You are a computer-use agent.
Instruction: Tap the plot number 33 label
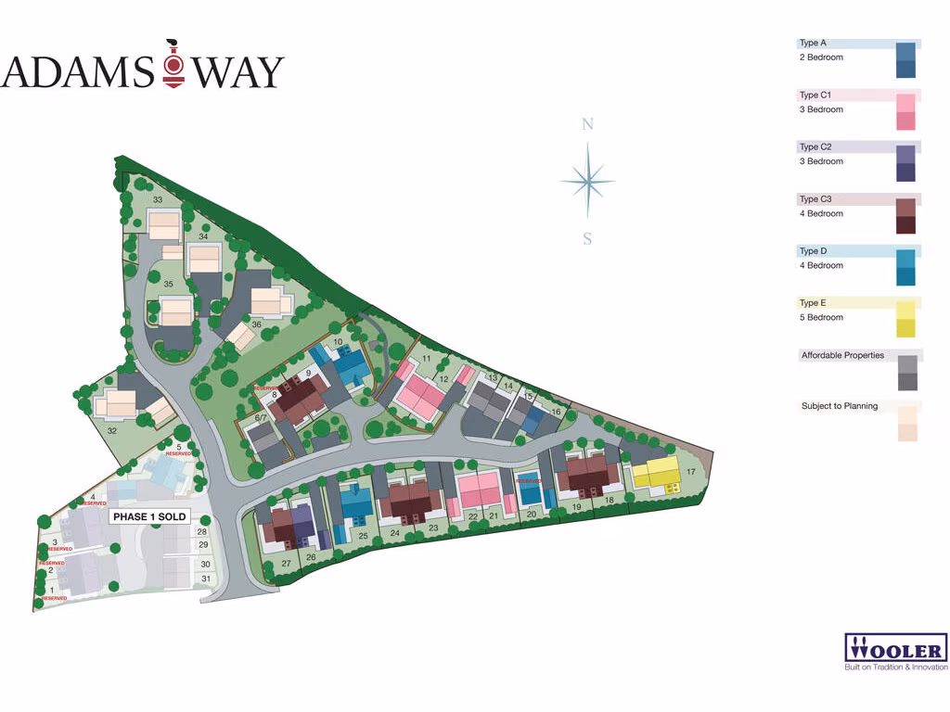pos(158,200)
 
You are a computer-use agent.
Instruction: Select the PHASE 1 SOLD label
pos(149,516)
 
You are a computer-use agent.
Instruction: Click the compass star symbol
pos(587,182)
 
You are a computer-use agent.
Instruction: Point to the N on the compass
pos(587,125)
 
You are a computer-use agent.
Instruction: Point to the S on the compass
pos(587,238)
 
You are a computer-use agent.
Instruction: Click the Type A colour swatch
pos(905,60)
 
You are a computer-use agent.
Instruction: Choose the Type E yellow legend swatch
pos(905,320)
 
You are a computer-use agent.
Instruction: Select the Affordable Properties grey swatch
pos(907,373)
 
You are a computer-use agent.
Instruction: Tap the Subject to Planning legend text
pos(839,406)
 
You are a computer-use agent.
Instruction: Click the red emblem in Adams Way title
pos(172,66)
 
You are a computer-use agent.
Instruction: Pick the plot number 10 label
pos(339,342)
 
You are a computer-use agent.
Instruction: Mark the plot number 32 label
pos(112,431)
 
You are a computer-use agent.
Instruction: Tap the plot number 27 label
pos(287,564)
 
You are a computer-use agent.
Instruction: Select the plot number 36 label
pos(256,324)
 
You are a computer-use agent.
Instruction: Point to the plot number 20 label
pos(532,514)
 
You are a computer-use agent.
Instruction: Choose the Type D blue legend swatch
pos(905,268)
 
